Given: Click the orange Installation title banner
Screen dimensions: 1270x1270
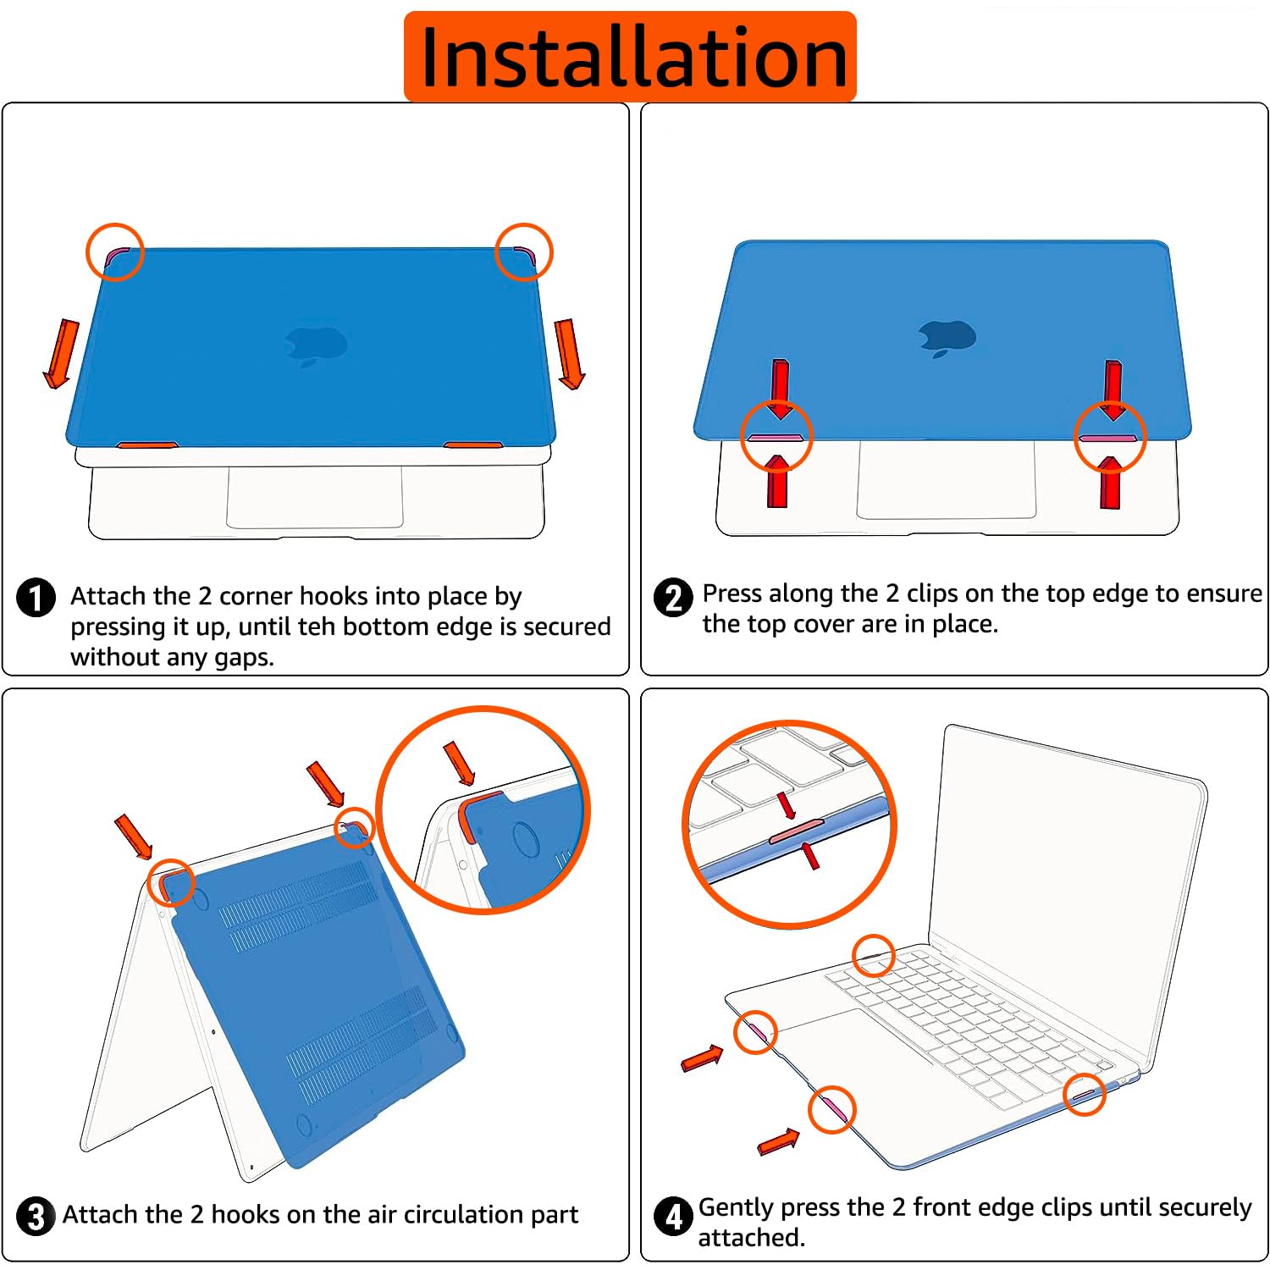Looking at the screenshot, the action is [x=630, y=57].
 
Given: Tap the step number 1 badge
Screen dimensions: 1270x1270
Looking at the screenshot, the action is [x=36, y=598].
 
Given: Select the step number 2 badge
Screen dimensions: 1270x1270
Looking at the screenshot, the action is [x=674, y=598].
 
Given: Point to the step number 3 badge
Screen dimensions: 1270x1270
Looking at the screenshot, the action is [x=36, y=1217].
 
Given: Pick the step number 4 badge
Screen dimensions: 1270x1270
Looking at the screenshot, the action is [x=674, y=1217].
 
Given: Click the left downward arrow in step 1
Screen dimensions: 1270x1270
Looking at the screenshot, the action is [x=60, y=354].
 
